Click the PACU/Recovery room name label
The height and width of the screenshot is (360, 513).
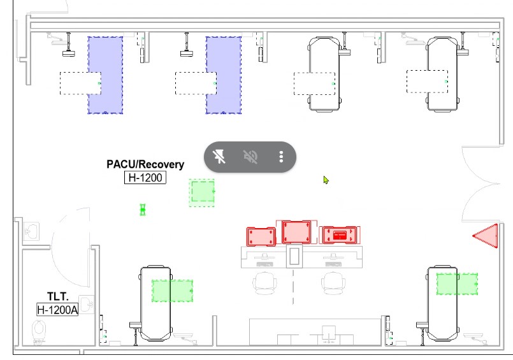tap(145, 164)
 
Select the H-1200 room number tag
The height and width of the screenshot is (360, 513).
tap(145, 178)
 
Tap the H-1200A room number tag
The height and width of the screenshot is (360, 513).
tap(57, 309)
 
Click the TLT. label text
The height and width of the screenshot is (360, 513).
tap(58, 296)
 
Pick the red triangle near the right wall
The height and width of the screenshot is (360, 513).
tap(486, 236)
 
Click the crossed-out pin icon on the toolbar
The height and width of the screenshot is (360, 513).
tap(219, 157)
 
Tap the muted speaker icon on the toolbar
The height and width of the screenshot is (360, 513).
tap(250, 157)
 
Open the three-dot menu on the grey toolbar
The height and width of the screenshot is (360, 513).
tap(281, 157)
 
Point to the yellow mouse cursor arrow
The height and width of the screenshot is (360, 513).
tap(326, 180)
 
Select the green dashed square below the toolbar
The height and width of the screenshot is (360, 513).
tap(202, 192)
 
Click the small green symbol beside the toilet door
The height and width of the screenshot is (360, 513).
tap(143, 210)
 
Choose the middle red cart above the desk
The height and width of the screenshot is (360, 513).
tap(296, 232)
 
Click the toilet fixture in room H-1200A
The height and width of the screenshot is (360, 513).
tap(39, 331)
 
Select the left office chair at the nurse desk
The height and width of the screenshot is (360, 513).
tap(264, 283)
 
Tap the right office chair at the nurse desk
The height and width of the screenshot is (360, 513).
tap(333, 283)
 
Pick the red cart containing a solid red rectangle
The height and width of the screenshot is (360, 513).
tap(340, 235)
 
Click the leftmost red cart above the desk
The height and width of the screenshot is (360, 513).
tap(261, 236)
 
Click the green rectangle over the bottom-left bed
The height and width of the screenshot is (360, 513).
tap(173, 291)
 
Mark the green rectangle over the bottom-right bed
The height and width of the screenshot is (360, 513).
tap(457, 284)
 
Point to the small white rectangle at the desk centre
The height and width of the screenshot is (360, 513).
tap(294, 256)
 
